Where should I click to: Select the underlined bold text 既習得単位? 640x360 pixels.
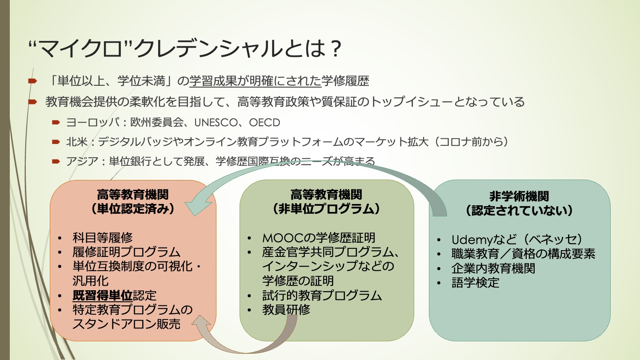point(103,295)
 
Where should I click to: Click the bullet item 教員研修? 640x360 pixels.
point(286,309)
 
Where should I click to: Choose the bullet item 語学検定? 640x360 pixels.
point(475,282)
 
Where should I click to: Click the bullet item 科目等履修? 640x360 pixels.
point(103,238)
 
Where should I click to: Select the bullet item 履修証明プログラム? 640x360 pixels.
point(127,252)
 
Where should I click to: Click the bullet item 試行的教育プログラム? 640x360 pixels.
point(322,295)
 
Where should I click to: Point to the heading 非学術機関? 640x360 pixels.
point(519,196)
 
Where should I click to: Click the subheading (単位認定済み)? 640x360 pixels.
point(133,209)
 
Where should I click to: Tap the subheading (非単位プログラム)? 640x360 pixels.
point(327,208)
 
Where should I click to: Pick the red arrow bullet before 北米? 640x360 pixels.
point(56,142)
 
